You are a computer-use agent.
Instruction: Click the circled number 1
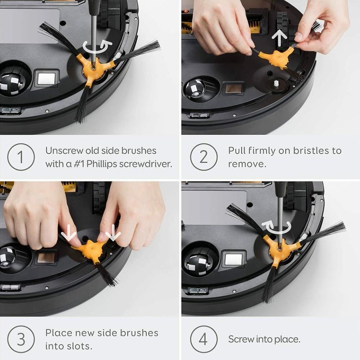click(x=21, y=157)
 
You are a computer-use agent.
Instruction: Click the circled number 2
click(x=204, y=157)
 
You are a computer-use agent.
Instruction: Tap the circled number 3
click(x=21, y=339)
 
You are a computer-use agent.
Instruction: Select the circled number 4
click(x=204, y=339)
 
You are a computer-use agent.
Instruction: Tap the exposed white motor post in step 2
click(x=276, y=83)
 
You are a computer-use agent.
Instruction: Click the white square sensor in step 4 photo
click(x=234, y=259)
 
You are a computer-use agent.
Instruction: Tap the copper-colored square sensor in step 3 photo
click(x=46, y=258)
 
